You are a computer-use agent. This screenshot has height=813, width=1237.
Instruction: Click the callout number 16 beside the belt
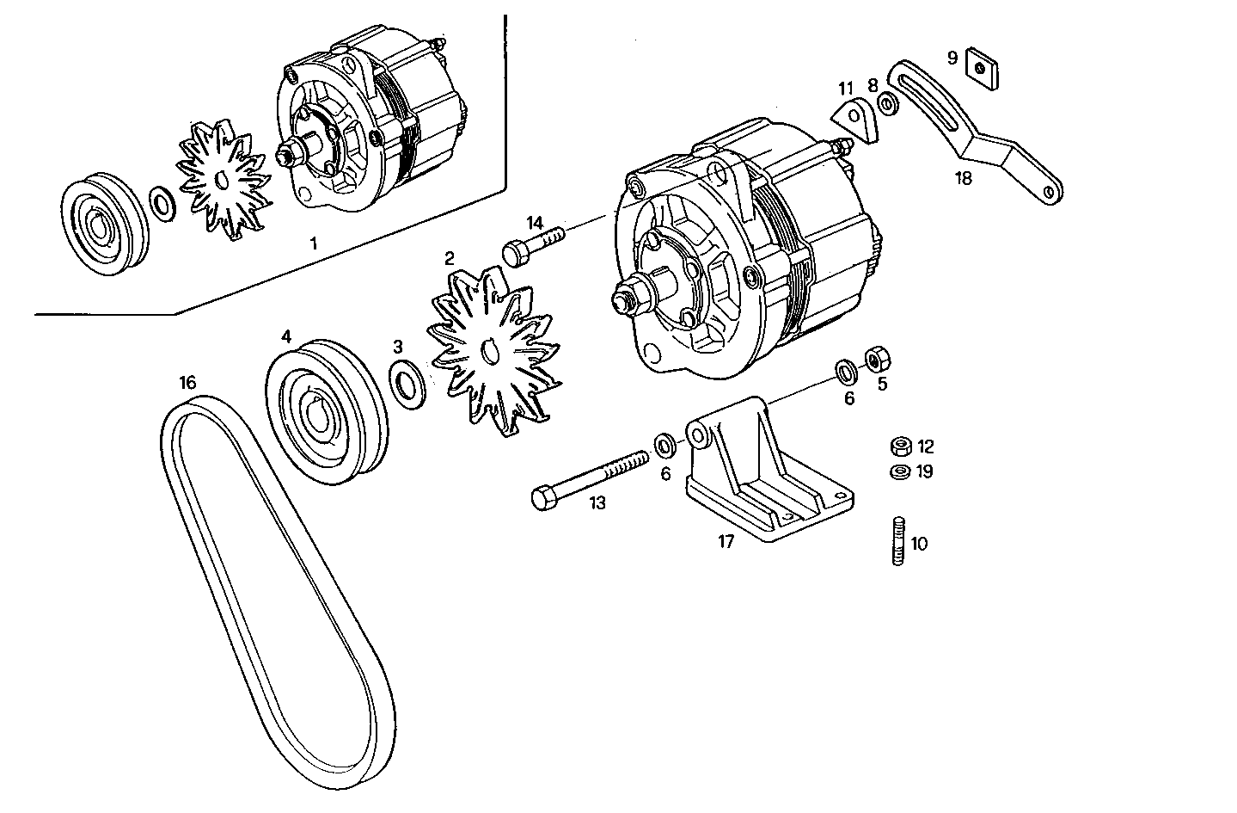click(x=187, y=382)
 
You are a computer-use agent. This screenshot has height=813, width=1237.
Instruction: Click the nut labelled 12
click(x=900, y=447)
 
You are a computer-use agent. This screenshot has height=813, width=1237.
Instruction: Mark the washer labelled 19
click(x=900, y=471)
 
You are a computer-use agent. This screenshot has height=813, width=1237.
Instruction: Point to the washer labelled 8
click(x=888, y=105)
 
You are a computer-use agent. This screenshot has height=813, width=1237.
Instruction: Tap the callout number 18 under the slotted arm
click(x=963, y=179)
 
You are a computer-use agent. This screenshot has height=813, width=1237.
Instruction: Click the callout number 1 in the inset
click(x=313, y=243)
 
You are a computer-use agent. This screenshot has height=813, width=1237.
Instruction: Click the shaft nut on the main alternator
click(x=625, y=301)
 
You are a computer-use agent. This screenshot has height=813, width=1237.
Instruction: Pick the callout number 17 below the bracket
click(x=726, y=542)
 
